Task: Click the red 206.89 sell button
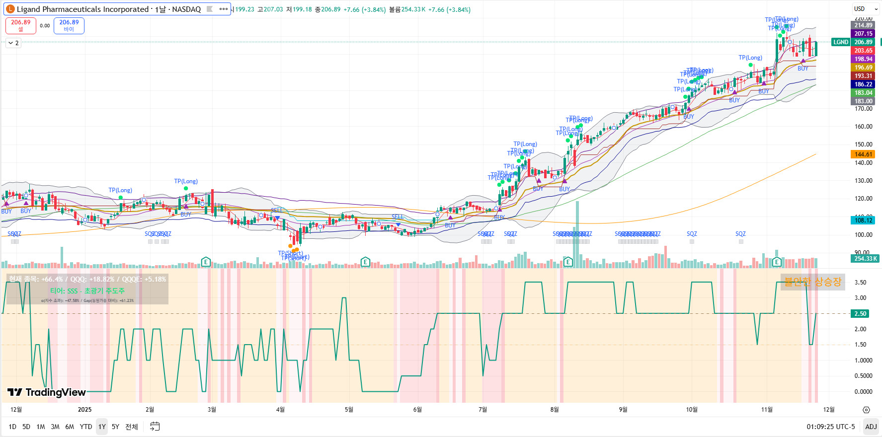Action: point(21,25)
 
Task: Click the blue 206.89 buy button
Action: point(69,25)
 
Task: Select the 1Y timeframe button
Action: point(102,427)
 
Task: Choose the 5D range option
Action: point(26,427)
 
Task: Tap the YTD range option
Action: point(86,427)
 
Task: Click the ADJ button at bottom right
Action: point(871,427)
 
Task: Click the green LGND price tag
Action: point(841,42)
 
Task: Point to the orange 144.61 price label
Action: point(863,154)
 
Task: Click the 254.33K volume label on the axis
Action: point(865,259)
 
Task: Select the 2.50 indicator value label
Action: point(860,314)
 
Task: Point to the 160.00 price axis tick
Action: point(863,127)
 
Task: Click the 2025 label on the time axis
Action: point(85,410)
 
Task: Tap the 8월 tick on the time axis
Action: point(555,410)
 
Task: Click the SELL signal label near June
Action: point(398,217)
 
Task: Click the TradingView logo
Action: point(47,392)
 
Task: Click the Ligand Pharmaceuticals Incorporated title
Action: point(82,9)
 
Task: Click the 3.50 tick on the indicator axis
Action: point(860,283)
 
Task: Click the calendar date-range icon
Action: point(155,427)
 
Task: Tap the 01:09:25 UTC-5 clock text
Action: point(831,427)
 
